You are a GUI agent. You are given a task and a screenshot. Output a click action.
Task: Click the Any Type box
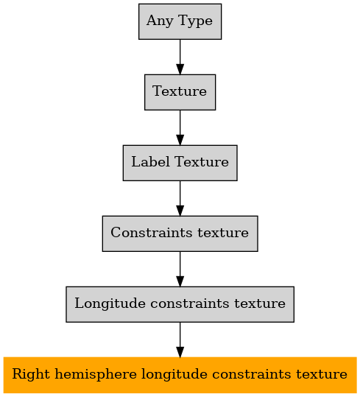[x=180, y=21]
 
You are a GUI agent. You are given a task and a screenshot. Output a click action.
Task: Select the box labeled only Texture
[x=180, y=92]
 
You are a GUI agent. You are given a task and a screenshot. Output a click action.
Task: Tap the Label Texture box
[x=180, y=163]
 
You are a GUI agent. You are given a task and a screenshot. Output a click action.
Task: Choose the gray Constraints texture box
[x=180, y=233]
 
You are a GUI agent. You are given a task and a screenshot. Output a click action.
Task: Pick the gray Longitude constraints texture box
[x=180, y=304]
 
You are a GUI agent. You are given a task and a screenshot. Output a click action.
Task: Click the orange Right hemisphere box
[x=180, y=375]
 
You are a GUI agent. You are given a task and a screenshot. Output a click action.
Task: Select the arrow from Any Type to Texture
[x=180, y=57]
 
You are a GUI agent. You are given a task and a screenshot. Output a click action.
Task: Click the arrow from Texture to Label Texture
[x=180, y=127]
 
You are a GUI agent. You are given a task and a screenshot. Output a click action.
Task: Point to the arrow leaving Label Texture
[x=180, y=198]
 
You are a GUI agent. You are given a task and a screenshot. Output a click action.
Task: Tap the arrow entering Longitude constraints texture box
[x=180, y=269]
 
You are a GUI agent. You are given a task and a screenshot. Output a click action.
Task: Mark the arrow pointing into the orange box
[x=180, y=340]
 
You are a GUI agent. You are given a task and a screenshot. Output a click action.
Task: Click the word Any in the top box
[x=159, y=21]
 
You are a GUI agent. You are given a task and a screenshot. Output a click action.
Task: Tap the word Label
[x=150, y=162]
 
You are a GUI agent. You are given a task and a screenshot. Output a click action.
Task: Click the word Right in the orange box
[x=31, y=374]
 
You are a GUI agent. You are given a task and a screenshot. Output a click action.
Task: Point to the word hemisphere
[x=96, y=374]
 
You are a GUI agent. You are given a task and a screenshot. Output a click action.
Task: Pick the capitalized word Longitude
[x=110, y=303]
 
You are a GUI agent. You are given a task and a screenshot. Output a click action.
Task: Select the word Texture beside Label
[x=202, y=162]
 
